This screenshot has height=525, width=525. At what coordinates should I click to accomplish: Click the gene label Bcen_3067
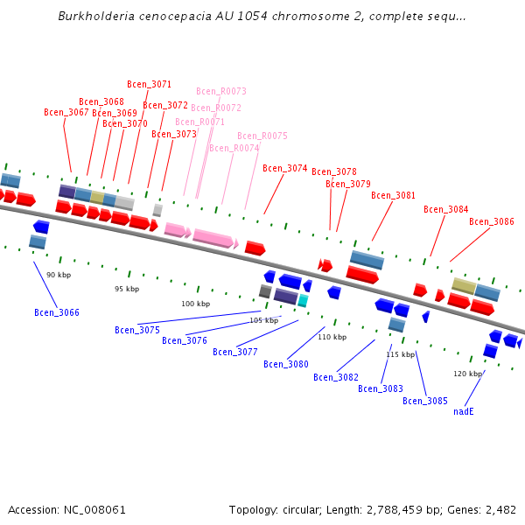pyautogui.click(x=66, y=112)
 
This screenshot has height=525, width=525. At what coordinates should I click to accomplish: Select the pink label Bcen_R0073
pyautogui.click(x=221, y=91)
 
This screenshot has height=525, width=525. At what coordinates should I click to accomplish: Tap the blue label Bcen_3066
pyautogui.click(x=57, y=312)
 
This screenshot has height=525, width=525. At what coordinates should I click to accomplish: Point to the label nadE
pyautogui.click(x=464, y=411)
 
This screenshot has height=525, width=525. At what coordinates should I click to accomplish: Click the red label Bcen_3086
pyautogui.click(x=492, y=221)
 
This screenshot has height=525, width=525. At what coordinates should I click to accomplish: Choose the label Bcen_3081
pyautogui.click(x=394, y=195)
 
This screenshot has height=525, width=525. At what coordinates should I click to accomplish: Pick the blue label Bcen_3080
pyautogui.click(x=286, y=364)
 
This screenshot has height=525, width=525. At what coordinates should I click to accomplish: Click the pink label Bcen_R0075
pyautogui.click(x=262, y=136)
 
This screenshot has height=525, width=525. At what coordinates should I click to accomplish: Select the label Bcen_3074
pyautogui.click(x=285, y=168)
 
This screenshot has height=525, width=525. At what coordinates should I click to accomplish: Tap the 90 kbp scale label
pyautogui.click(x=59, y=275)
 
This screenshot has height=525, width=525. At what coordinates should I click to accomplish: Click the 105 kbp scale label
pyautogui.click(x=263, y=320)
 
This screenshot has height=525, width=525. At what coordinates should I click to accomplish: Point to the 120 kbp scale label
pyautogui.click(x=467, y=374)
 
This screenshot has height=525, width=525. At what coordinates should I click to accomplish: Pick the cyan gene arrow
pyautogui.click(x=303, y=300)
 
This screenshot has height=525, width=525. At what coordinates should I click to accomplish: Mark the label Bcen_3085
pyautogui.click(x=425, y=401)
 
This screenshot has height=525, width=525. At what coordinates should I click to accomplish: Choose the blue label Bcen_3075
pyautogui.click(x=137, y=330)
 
